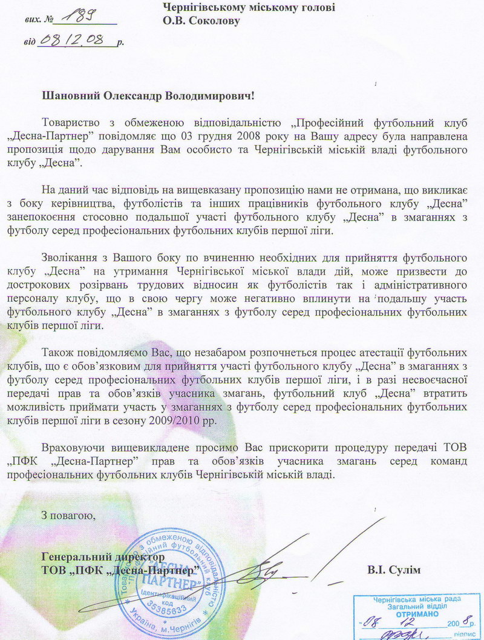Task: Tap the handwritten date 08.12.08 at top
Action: coord(76,41)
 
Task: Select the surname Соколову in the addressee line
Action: coord(214,21)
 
